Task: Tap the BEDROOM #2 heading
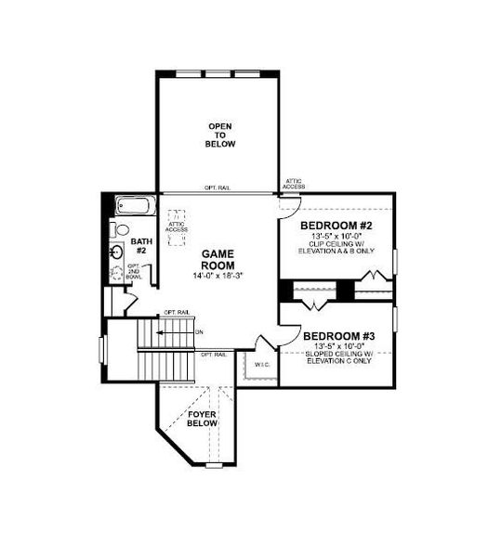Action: click(x=336, y=226)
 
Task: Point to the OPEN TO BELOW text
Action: click(x=221, y=136)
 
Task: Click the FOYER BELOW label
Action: click(x=202, y=418)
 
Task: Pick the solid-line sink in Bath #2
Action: click(x=118, y=252)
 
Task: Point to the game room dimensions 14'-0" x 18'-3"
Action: click(x=219, y=277)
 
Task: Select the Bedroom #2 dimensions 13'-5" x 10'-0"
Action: click(x=336, y=237)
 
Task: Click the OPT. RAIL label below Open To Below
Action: click(x=218, y=188)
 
